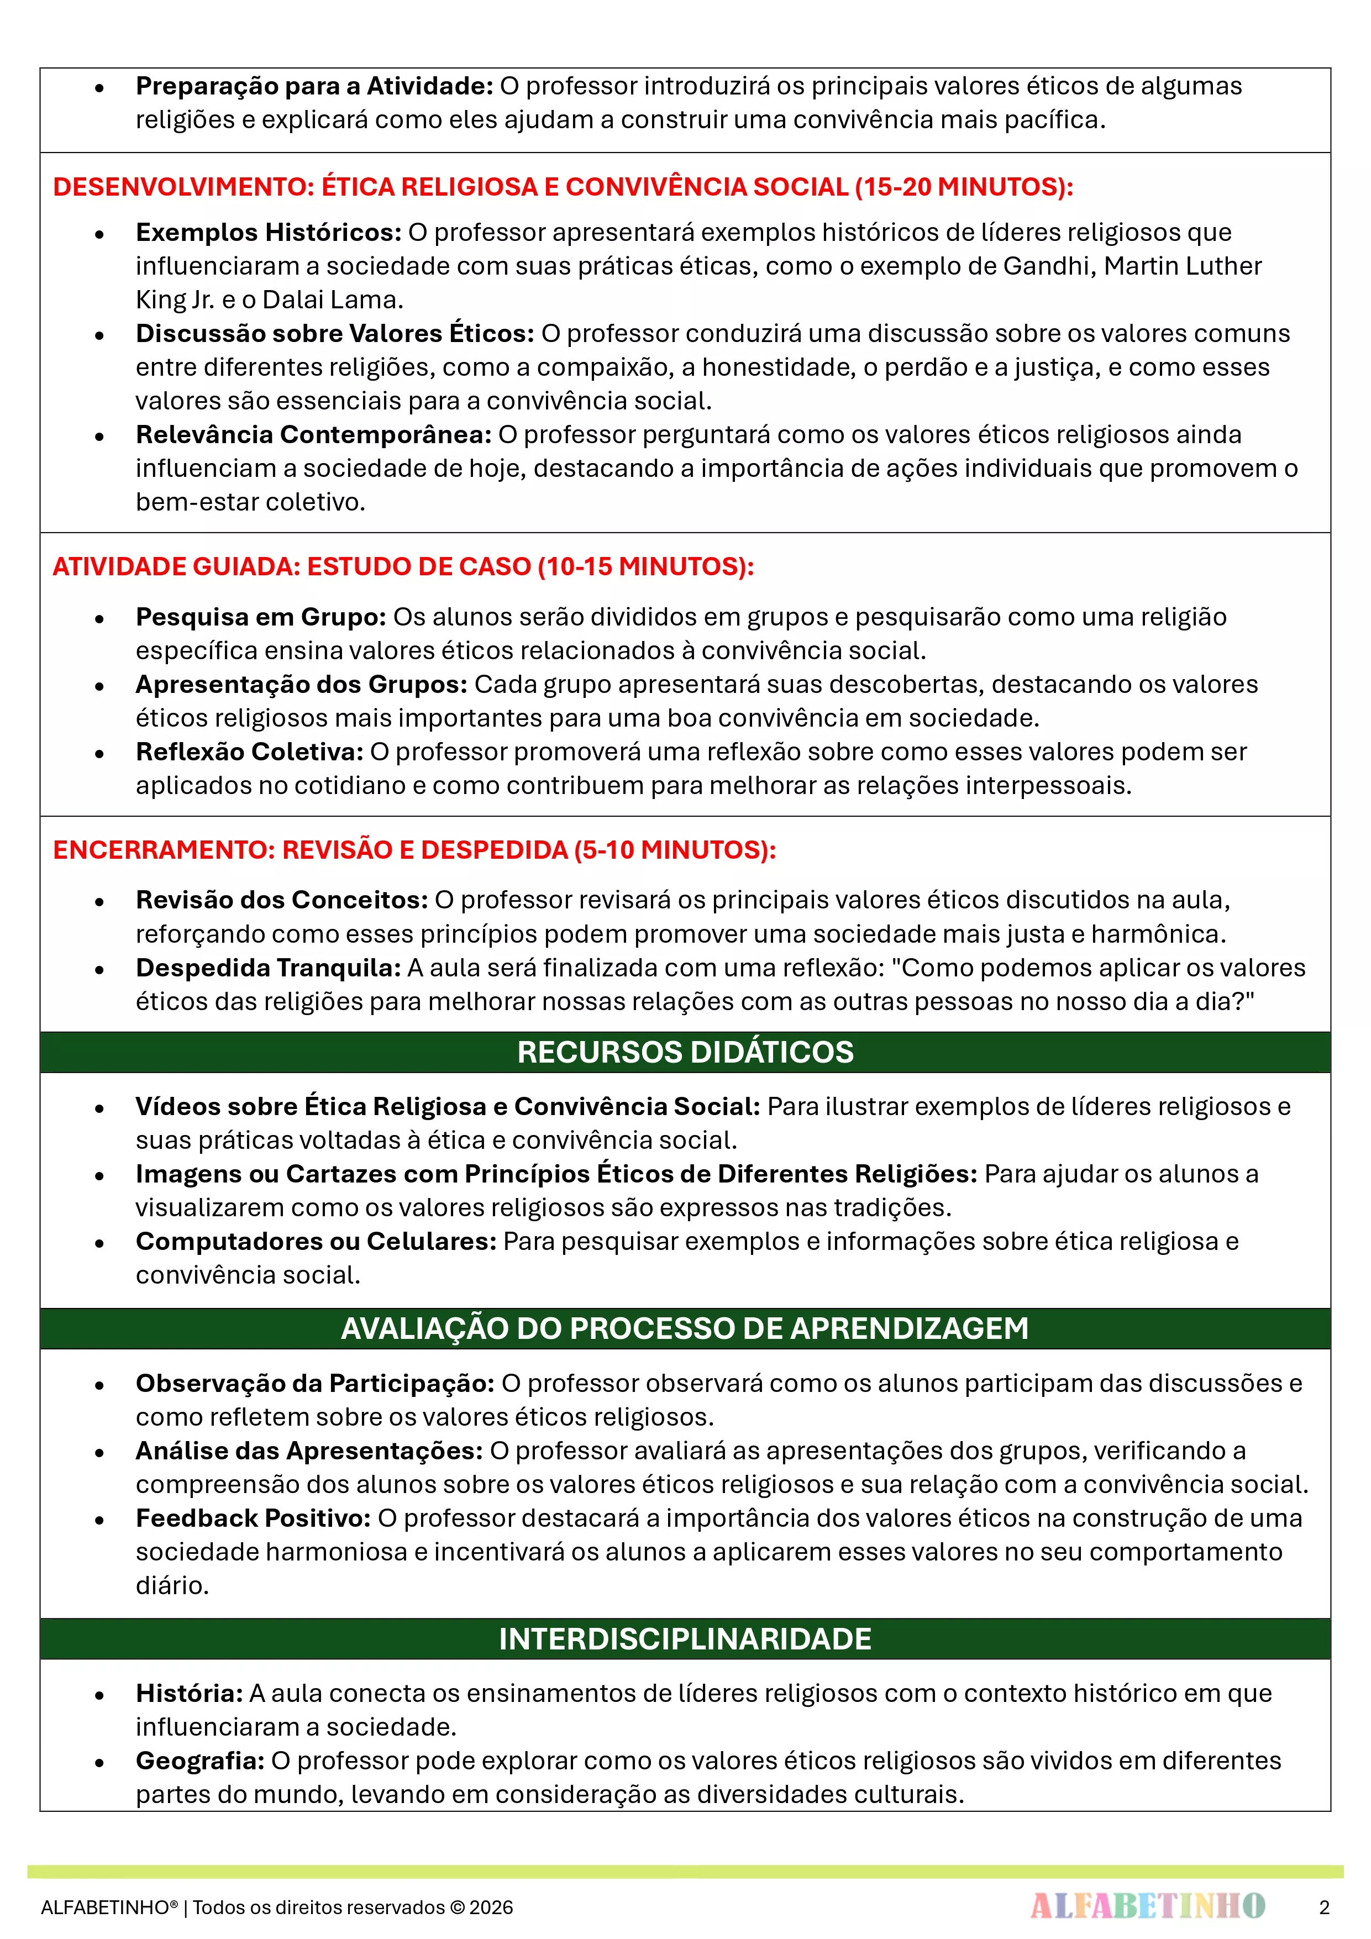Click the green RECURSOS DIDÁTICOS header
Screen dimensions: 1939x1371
(685, 1052)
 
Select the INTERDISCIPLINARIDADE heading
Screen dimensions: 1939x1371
(685, 1639)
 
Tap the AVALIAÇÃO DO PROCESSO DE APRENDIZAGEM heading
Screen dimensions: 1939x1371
(685, 1328)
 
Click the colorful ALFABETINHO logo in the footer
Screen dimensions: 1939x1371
(1147, 1906)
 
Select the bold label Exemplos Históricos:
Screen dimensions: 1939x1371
(269, 232)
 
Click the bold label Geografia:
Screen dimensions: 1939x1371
(200, 1761)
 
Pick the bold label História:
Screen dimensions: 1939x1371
(189, 1693)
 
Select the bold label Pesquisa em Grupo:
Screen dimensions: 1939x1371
(261, 617)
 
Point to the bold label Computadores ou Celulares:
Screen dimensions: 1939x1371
(316, 1242)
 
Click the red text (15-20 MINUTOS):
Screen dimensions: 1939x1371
(964, 187)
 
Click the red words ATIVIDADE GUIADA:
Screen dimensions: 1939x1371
(176, 566)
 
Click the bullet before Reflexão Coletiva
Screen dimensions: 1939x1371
(99, 753)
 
